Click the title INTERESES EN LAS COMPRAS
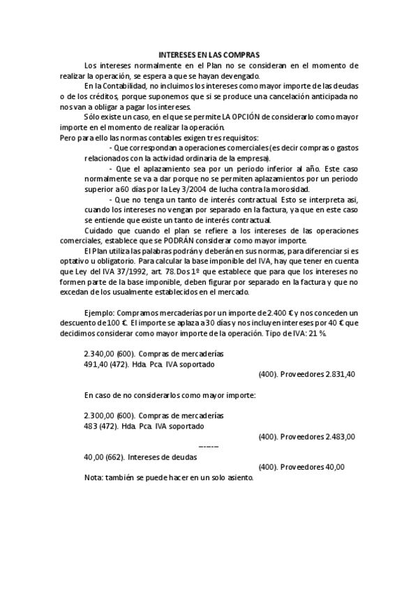209,54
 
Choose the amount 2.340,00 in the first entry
98,354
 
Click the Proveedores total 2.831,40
338,374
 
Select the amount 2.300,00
98,413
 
